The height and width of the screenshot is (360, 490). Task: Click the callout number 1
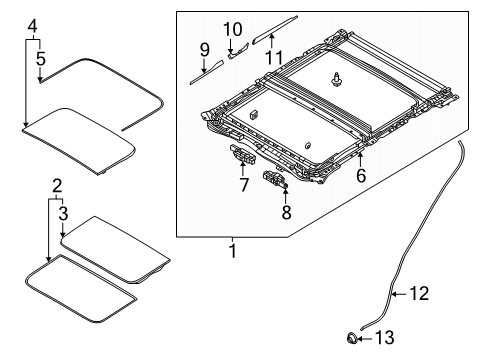pos(233,251)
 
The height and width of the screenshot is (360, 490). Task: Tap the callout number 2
pos(57,186)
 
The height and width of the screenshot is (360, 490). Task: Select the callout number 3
pos(63,213)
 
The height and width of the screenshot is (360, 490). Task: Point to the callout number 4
pos(32,26)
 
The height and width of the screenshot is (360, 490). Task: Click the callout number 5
pos(41,59)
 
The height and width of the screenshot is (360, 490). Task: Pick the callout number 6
pos(361,175)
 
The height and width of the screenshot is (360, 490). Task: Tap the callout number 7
pos(244,185)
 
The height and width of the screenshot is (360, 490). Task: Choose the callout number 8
pos(286,212)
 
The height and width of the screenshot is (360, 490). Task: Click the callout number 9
pos(204,50)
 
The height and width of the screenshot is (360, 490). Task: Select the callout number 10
pos(232,29)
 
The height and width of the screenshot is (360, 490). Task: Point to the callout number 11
pos(274,57)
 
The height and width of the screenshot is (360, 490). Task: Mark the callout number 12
pos(419,294)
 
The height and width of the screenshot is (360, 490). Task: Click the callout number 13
pos(385,337)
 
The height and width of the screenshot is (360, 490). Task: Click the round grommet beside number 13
pos(352,338)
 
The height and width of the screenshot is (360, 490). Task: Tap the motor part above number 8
pos(275,179)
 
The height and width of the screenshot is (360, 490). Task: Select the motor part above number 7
pos(242,154)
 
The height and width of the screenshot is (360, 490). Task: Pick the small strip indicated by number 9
pos(207,72)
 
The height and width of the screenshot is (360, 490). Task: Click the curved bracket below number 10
pos(238,51)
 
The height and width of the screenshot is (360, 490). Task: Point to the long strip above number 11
pos(275,30)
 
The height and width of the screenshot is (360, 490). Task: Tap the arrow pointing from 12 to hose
pos(399,294)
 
